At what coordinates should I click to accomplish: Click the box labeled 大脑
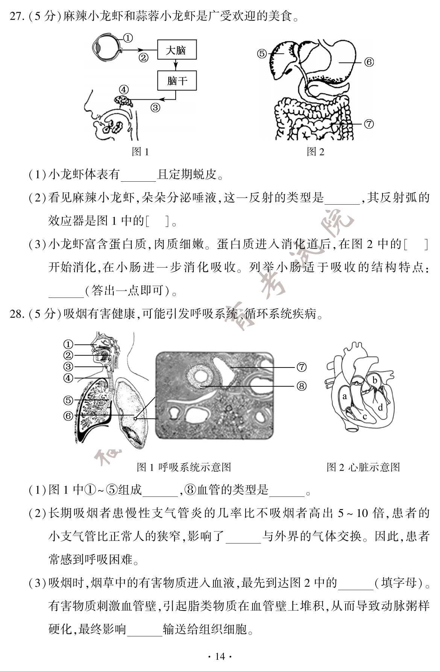point(176,50)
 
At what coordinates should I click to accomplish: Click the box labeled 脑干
point(177,80)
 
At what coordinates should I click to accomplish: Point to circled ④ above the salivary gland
point(123,90)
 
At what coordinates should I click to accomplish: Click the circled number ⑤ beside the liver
point(262,54)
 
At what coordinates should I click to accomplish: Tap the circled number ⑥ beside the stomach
point(369,62)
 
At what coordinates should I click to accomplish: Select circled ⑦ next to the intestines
point(369,124)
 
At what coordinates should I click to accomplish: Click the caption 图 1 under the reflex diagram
point(140,152)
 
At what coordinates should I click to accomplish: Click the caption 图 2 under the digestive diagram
point(315,152)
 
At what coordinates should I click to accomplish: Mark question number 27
point(17,17)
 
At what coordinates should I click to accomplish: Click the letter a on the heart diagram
point(344,396)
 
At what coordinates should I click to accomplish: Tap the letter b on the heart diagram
point(375,380)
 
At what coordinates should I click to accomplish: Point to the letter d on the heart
point(380,407)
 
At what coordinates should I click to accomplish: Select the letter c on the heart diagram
point(364,416)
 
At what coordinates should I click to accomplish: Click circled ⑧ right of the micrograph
point(301,386)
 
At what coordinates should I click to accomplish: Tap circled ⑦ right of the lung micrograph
point(301,367)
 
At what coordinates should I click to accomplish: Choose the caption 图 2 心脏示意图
point(363,467)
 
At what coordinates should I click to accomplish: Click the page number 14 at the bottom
point(220,657)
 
